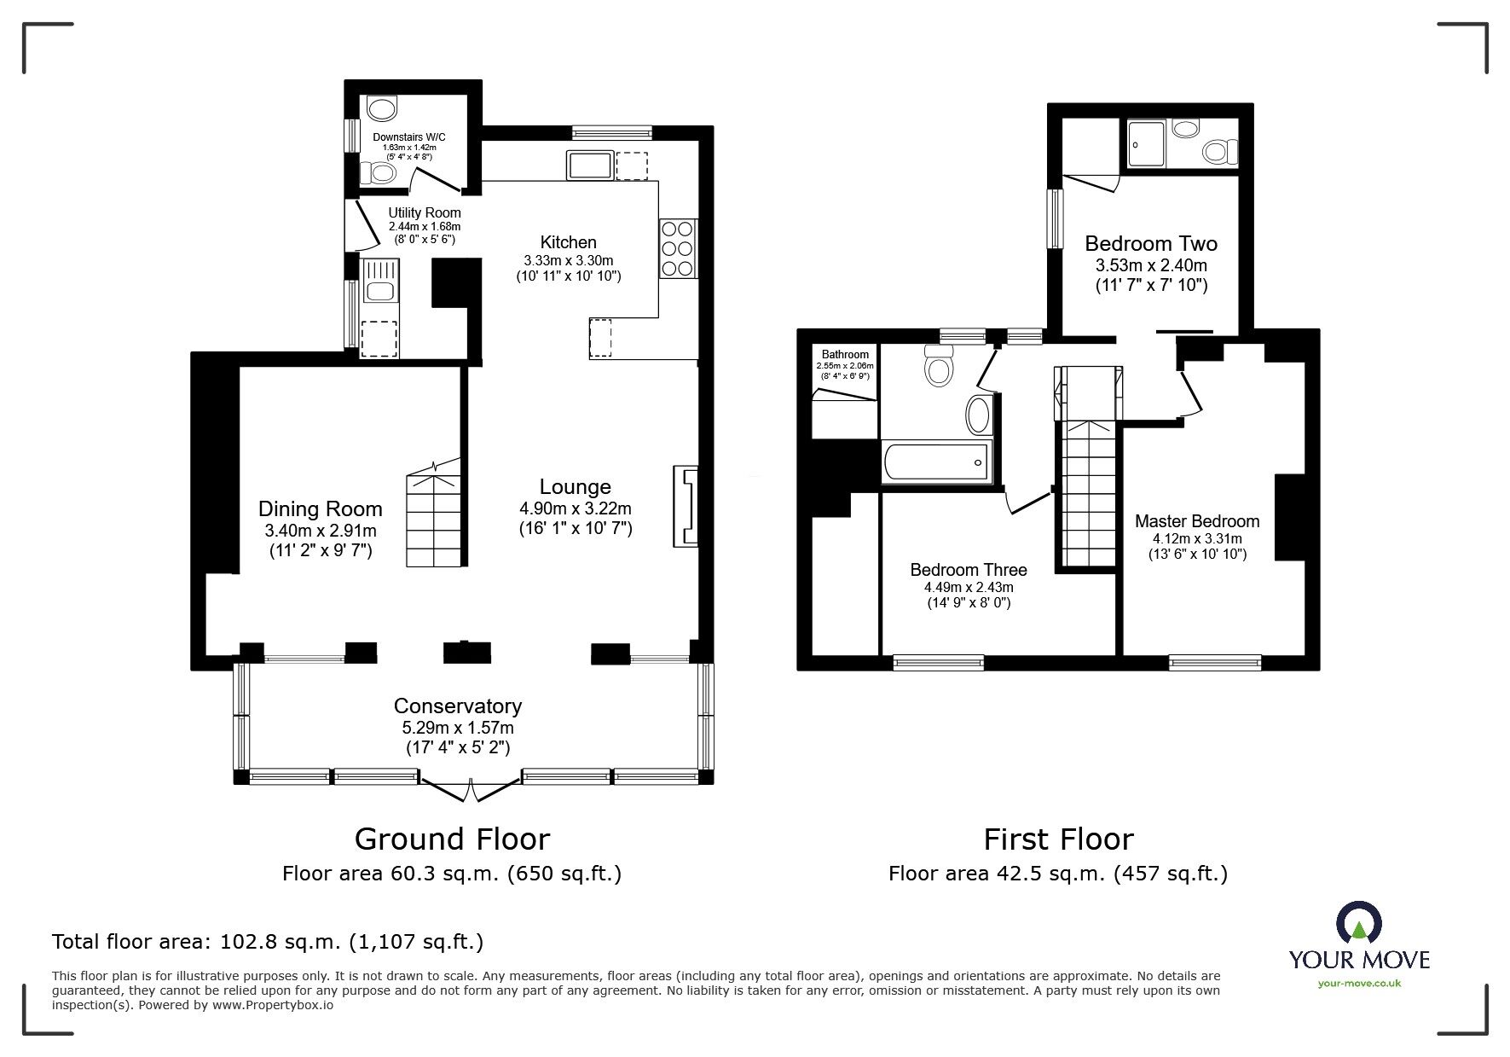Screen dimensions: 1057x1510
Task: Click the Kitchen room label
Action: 568,242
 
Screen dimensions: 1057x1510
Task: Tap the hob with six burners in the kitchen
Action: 677,248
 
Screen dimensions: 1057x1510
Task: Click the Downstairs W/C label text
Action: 408,136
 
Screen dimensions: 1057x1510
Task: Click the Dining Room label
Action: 320,509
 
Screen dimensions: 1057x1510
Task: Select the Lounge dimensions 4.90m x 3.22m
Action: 576,508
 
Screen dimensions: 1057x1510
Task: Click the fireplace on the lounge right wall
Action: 686,506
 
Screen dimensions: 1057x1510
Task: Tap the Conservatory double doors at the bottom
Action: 470,787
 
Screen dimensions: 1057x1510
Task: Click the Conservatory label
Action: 457,706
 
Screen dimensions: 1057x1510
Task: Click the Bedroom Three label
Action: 968,570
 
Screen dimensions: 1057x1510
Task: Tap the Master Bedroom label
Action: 1196,521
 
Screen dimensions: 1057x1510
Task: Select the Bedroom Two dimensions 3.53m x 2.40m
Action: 1151,265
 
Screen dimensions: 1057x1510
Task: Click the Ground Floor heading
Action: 452,839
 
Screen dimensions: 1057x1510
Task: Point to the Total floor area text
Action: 268,942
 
